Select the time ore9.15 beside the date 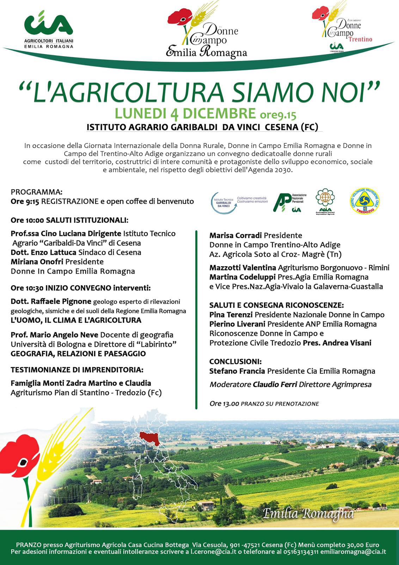point(278,114)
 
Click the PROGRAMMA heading point(37,192)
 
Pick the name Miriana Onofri point(37,262)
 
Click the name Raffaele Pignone point(61,302)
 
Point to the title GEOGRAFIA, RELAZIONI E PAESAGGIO point(78,353)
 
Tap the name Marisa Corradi point(235,235)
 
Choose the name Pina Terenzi point(231,315)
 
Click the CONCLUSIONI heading point(235,362)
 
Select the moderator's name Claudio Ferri point(275,385)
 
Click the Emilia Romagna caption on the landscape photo point(308,513)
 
